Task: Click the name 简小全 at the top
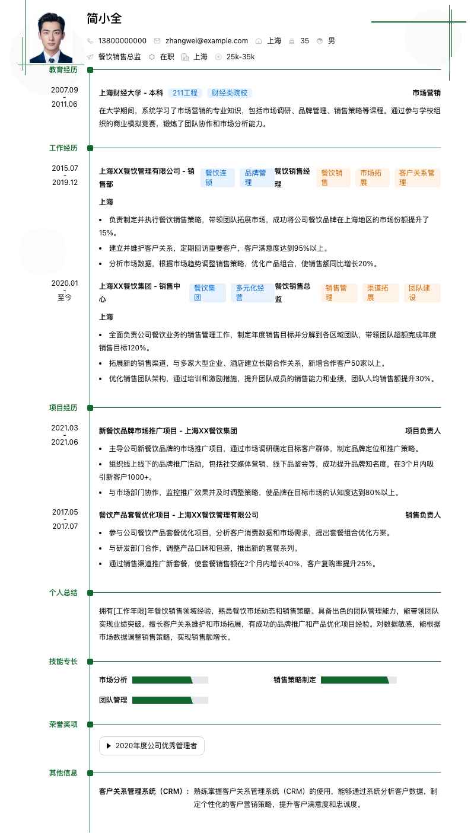[104, 18]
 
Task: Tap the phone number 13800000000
[122, 41]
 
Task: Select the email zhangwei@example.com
[206, 41]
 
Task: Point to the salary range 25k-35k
[240, 57]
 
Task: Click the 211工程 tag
[184, 93]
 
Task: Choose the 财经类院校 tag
[230, 93]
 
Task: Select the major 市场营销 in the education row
[427, 93]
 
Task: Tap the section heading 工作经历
[63, 148]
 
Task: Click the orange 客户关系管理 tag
[417, 178]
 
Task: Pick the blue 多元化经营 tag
[250, 293]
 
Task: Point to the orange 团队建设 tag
[422, 293]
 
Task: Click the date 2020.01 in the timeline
[65, 283]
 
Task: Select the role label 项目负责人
[422, 431]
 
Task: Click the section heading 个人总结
[63, 593]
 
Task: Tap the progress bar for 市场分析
[170, 680]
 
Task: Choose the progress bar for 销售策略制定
[358, 680]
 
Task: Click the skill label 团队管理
[113, 700]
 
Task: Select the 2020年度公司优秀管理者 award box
[152, 746]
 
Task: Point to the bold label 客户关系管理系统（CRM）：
[145, 791]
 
